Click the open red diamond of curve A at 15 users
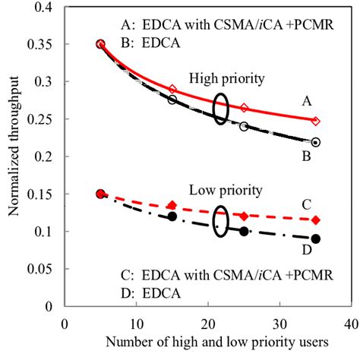point(172,90)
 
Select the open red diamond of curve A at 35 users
point(316,121)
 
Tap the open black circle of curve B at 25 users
point(244,126)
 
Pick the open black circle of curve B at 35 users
point(316,142)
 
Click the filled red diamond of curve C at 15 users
point(172,205)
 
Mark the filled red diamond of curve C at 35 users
point(316,220)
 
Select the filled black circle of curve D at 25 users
point(244,231)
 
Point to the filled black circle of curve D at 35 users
point(316,238)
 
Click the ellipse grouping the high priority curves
point(221,109)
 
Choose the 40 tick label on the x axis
point(350,321)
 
